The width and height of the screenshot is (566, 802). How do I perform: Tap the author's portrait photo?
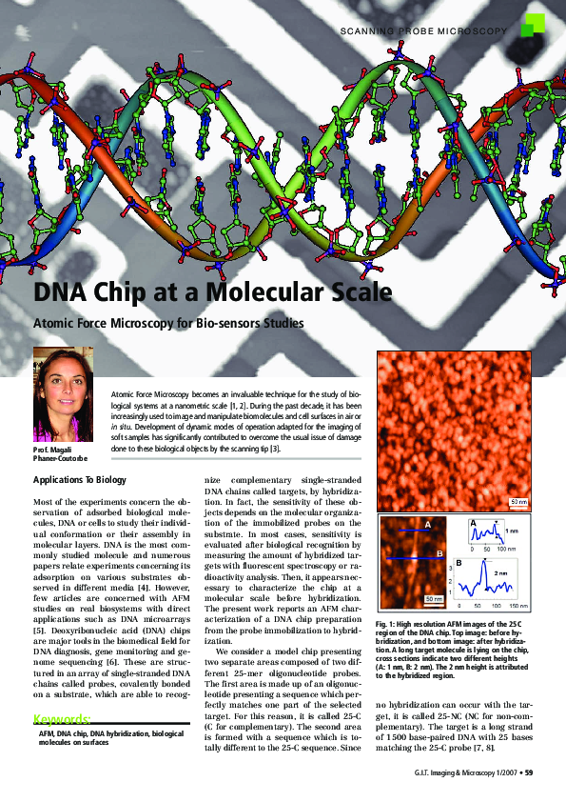click(64, 393)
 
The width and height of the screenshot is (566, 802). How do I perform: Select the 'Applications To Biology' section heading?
click(80, 481)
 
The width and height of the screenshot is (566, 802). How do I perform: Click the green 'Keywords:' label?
click(62, 718)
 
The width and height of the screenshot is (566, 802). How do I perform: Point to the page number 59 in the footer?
click(529, 772)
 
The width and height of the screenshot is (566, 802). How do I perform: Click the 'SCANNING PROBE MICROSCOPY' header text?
click(422, 31)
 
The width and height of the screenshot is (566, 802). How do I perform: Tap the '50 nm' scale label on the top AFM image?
click(518, 501)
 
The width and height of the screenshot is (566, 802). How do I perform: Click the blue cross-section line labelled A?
click(410, 530)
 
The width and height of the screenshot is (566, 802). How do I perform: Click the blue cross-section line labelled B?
click(410, 557)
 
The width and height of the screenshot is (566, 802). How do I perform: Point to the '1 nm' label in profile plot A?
click(511, 531)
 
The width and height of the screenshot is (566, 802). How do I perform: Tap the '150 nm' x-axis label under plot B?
click(520, 606)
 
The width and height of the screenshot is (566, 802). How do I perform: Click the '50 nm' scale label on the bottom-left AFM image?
click(433, 598)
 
